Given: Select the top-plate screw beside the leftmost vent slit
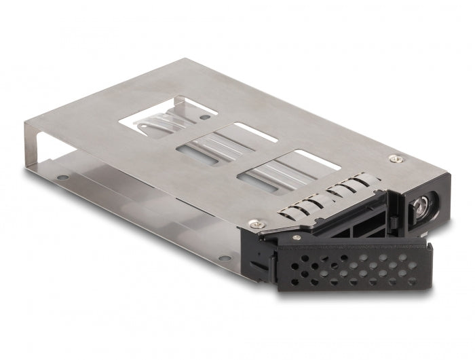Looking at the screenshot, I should click(255, 223).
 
